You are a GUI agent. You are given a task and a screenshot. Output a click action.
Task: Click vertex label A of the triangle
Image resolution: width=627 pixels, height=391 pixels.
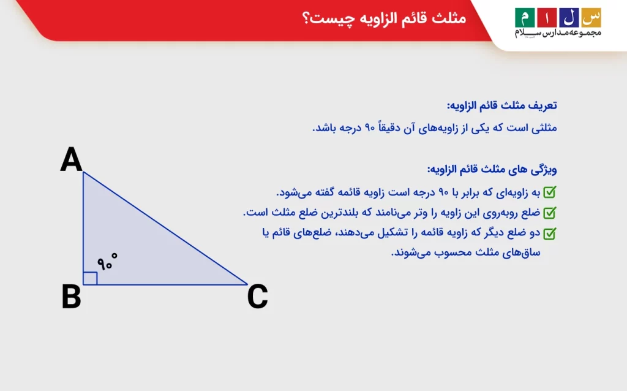coord(71,160)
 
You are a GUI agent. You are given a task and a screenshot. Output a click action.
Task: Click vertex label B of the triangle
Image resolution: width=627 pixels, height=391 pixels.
coord(71,297)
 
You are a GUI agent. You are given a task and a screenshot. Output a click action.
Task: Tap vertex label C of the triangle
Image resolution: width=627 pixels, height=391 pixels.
coord(257,297)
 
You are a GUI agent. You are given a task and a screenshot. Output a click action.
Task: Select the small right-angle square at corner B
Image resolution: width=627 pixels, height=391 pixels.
coord(90,278)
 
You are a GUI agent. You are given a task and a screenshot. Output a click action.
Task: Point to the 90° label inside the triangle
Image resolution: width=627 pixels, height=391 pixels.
coord(107,262)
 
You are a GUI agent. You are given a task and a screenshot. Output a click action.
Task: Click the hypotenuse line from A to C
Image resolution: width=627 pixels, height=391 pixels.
coord(165,228)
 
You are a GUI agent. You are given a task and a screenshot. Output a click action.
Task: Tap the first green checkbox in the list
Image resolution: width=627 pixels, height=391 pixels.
coord(550,192)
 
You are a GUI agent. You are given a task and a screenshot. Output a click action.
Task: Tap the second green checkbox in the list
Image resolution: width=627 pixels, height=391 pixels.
coord(550,213)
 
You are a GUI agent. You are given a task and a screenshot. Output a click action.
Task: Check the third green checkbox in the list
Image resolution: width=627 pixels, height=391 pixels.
coord(550,233)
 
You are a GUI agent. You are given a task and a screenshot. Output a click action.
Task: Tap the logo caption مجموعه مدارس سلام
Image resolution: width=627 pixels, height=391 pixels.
coord(558,32)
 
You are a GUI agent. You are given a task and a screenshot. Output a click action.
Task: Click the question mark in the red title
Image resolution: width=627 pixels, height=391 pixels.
coord(306,18)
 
